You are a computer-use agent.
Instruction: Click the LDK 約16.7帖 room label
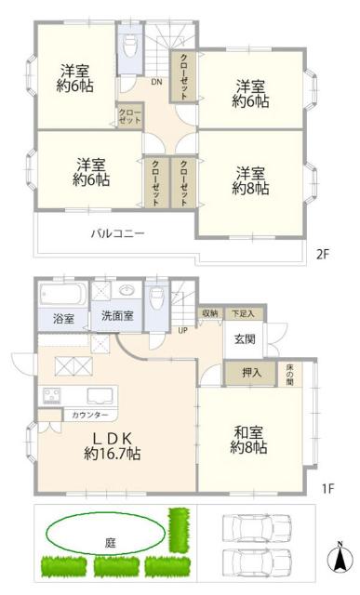click(x=113, y=445)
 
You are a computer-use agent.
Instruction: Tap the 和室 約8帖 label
click(x=250, y=438)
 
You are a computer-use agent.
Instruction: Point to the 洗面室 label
click(x=117, y=316)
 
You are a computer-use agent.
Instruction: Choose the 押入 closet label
click(x=249, y=373)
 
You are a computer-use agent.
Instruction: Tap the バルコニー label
click(x=117, y=233)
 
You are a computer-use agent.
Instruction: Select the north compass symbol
click(x=341, y=559)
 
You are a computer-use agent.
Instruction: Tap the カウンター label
click(x=90, y=414)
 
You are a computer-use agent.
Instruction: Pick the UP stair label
click(x=182, y=330)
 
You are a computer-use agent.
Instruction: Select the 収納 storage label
click(x=209, y=313)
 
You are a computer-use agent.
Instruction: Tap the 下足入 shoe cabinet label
click(x=241, y=313)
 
